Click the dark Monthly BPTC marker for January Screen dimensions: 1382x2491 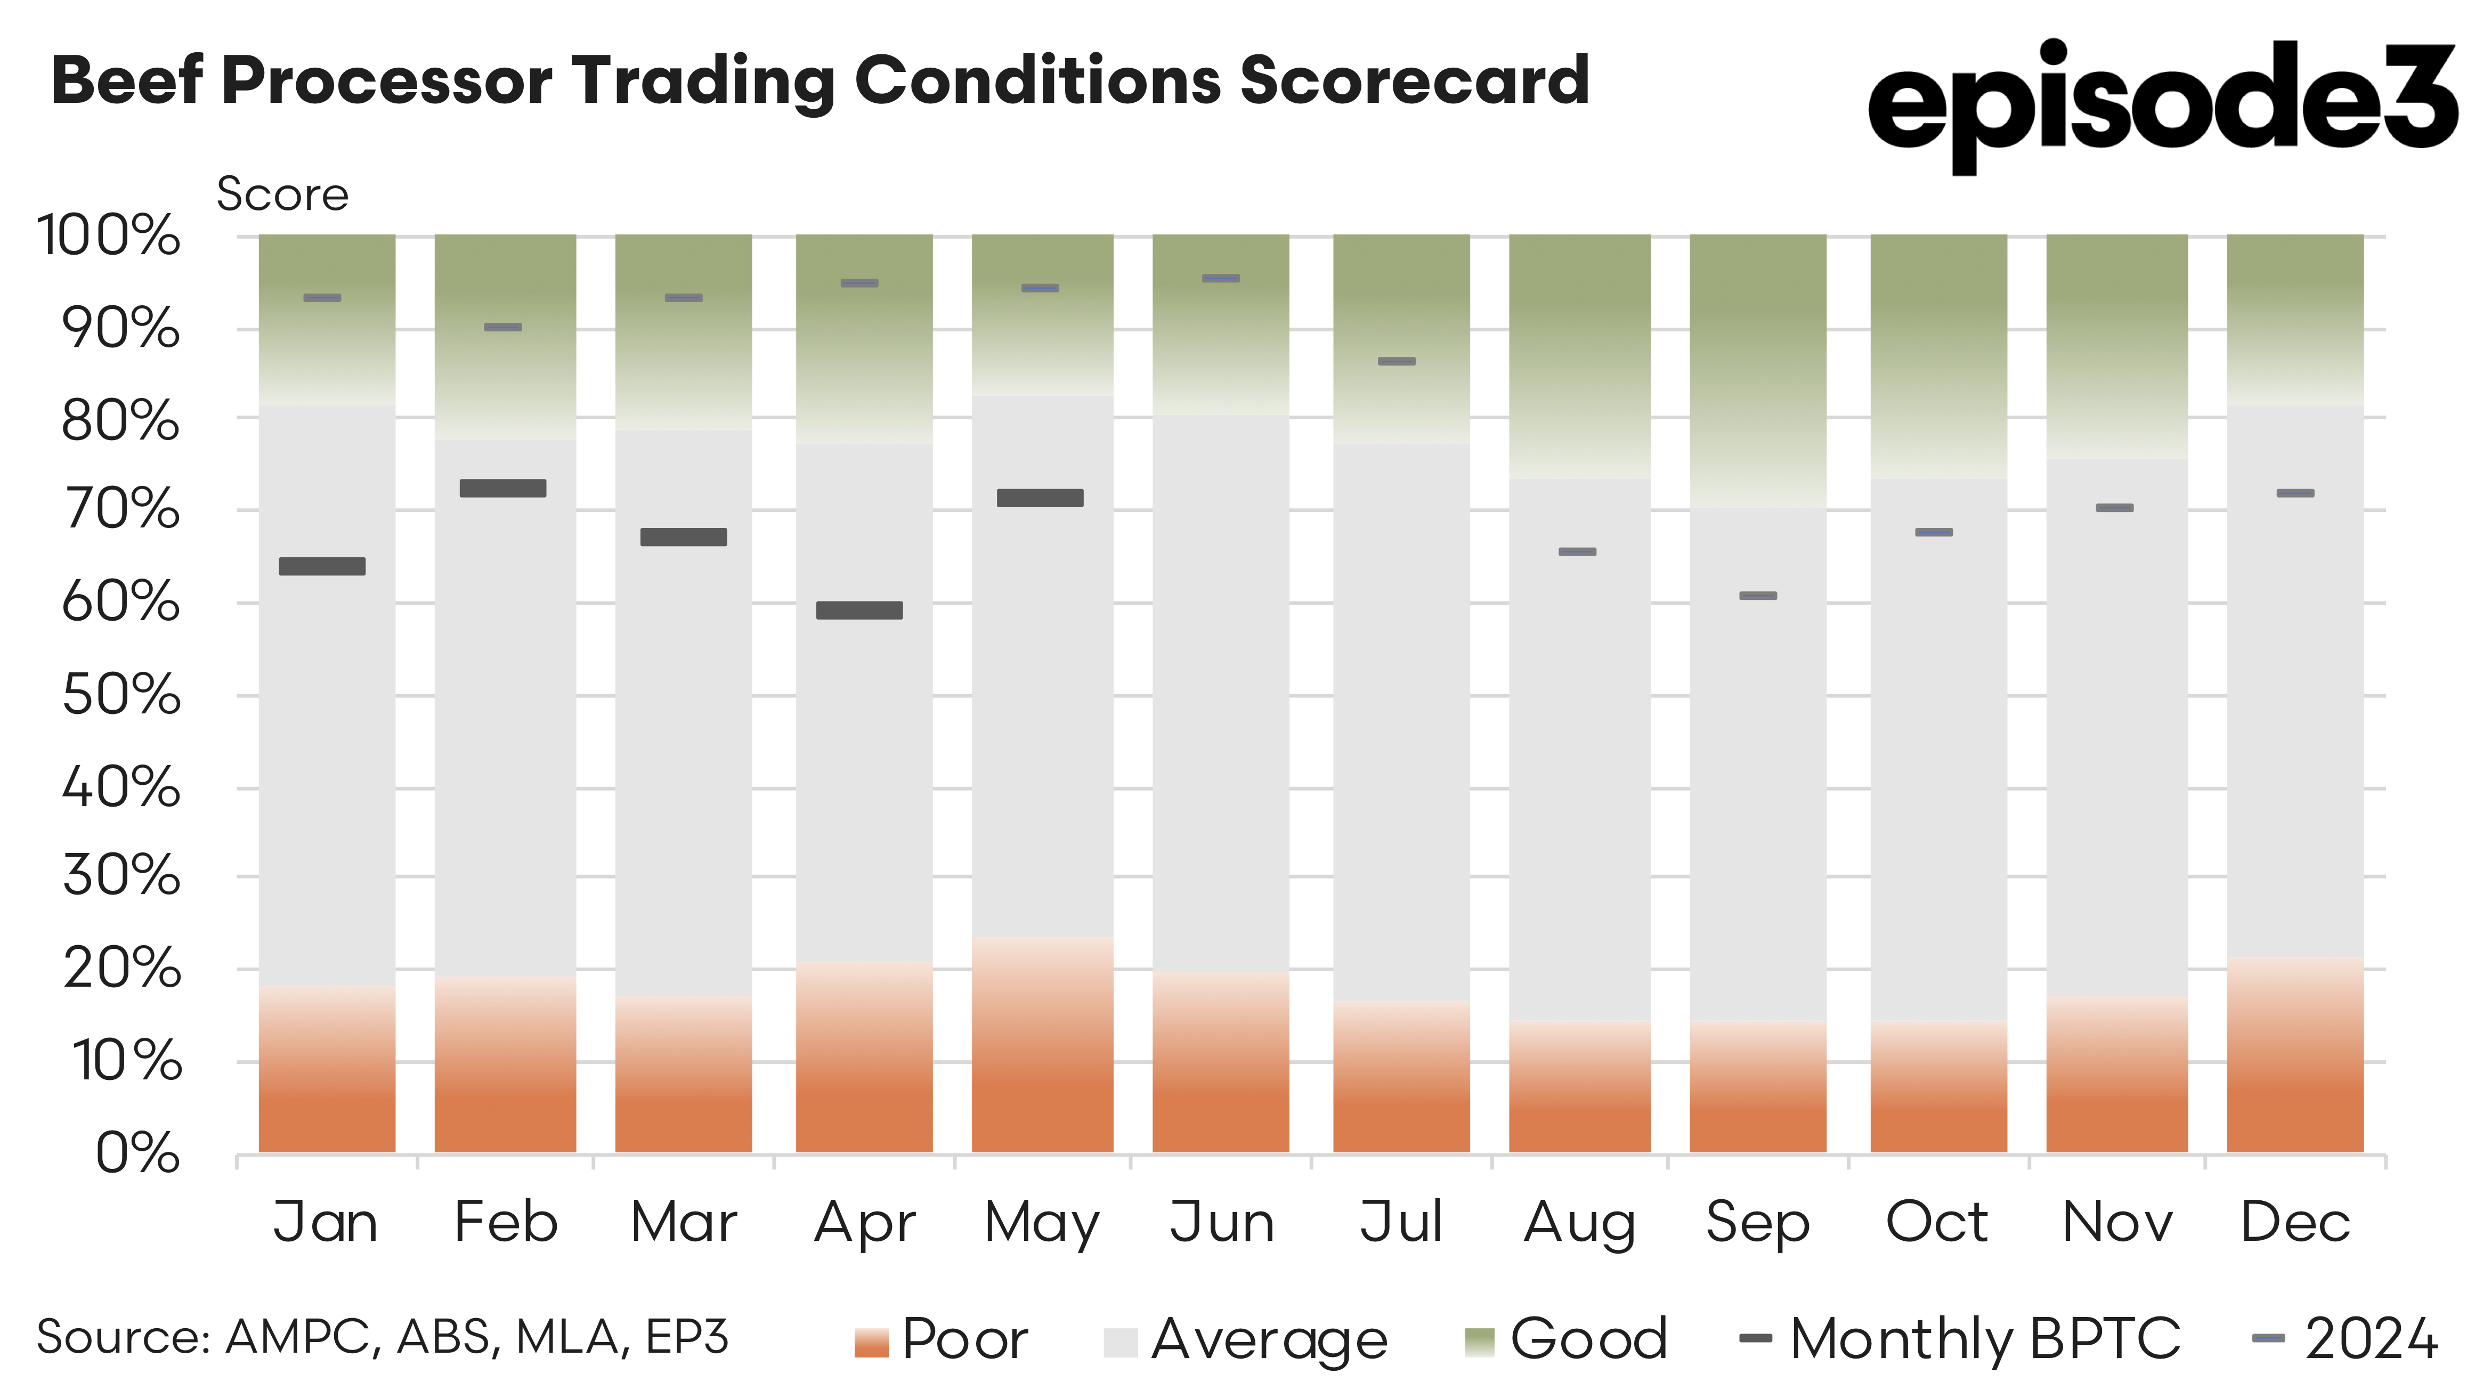click(322, 567)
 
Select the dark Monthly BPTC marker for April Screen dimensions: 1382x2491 click(859, 610)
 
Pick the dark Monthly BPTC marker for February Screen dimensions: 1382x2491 click(503, 489)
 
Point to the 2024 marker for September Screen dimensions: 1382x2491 click(1757, 596)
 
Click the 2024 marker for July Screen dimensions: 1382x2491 click(1397, 362)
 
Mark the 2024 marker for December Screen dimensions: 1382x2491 click(2295, 493)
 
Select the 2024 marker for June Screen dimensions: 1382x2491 click(1220, 279)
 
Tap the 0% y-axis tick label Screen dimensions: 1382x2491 click(137, 1154)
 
